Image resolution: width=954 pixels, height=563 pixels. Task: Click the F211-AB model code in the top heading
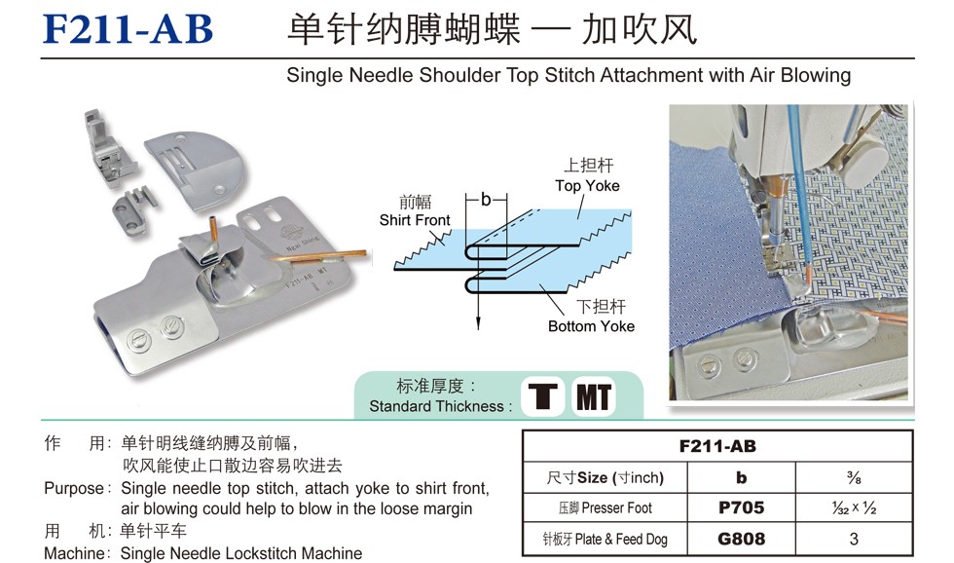(x=128, y=28)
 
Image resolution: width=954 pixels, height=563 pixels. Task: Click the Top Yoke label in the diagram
(x=587, y=186)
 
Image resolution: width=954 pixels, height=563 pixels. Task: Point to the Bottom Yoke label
(x=592, y=326)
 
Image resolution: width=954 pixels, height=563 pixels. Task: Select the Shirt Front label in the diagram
(x=415, y=220)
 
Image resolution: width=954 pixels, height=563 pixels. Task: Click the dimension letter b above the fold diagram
(x=486, y=199)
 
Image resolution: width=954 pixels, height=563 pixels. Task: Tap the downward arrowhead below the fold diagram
(x=479, y=323)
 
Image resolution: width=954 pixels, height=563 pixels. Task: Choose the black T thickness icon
(x=543, y=396)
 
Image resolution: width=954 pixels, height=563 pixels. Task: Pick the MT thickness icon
(x=593, y=396)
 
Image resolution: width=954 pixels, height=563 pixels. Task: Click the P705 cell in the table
(x=741, y=507)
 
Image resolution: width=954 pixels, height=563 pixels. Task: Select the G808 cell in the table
(x=741, y=539)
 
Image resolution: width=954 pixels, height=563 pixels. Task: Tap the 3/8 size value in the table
(x=855, y=478)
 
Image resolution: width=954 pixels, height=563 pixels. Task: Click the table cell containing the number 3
(x=855, y=539)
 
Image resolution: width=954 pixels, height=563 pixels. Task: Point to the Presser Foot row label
(x=605, y=507)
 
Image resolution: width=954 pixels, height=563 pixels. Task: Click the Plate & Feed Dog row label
(x=605, y=539)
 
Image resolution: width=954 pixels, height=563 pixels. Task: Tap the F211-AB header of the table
(x=718, y=446)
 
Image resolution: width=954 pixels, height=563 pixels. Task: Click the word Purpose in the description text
(x=74, y=489)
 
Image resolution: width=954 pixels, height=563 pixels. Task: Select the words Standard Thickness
(x=436, y=406)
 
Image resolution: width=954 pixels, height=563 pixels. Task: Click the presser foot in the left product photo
(x=108, y=146)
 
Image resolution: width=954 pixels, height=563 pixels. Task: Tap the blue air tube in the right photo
(x=800, y=189)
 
